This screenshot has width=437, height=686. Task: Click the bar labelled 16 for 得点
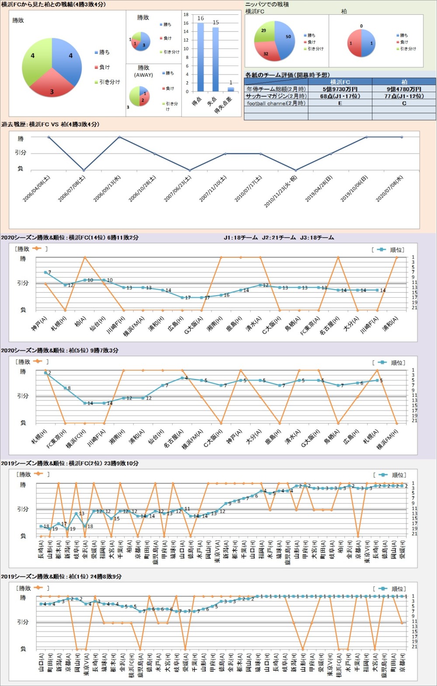(201, 57)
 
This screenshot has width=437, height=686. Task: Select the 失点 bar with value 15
(215, 59)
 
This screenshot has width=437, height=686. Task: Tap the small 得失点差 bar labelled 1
(231, 89)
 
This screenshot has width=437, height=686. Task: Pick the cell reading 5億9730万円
(340, 89)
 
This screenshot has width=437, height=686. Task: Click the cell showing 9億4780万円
(404, 89)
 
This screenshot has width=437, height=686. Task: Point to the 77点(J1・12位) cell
(404, 96)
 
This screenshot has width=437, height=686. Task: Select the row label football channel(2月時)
(276, 103)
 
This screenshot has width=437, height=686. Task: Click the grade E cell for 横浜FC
(340, 103)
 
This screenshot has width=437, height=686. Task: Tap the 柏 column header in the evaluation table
(404, 82)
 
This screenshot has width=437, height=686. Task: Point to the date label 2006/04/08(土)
(37, 189)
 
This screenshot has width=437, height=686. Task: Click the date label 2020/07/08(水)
(390, 189)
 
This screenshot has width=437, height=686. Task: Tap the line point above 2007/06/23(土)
(190, 170)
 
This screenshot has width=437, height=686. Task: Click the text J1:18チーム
(241, 238)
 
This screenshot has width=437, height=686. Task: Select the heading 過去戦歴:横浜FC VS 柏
(50, 124)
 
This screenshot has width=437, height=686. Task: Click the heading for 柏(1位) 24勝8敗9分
(61, 576)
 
